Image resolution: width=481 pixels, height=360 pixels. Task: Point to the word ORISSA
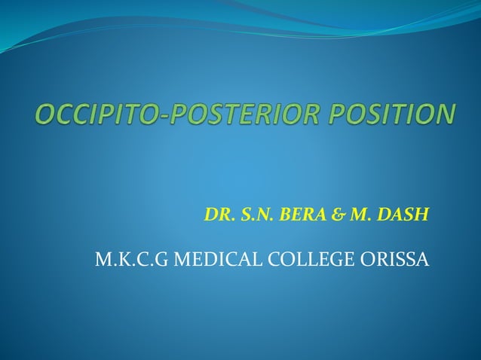click(x=397, y=261)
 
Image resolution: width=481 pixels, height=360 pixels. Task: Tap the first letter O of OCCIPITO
click(x=45, y=115)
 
